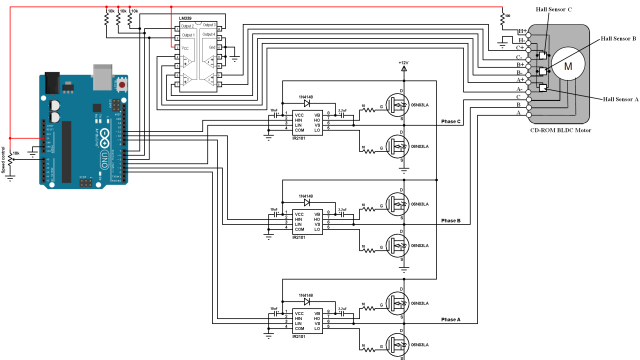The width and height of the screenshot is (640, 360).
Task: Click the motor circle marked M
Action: (x=569, y=66)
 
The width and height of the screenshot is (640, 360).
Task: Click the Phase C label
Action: (x=451, y=121)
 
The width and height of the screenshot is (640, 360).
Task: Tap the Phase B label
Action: (x=451, y=221)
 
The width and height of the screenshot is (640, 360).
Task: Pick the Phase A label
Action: (x=451, y=320)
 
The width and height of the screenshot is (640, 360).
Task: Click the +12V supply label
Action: (x=403, y=62)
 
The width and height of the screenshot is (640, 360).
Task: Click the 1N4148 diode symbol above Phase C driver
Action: (x=305, y=103)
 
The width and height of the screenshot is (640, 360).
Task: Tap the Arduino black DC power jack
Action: (x=52, y=103)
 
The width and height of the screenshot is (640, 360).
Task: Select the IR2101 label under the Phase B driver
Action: (x=298, y=238)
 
